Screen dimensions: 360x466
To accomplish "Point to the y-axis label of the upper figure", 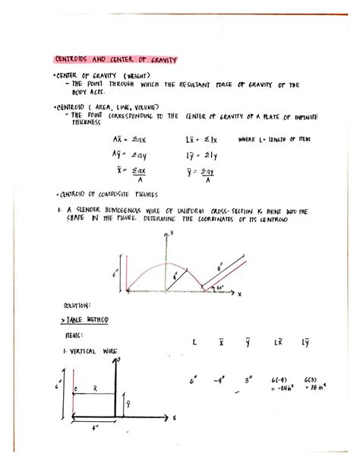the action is pos(172,231).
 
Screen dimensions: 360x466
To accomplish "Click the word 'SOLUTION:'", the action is pos(77,305).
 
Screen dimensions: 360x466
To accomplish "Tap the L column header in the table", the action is pos(194,343).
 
